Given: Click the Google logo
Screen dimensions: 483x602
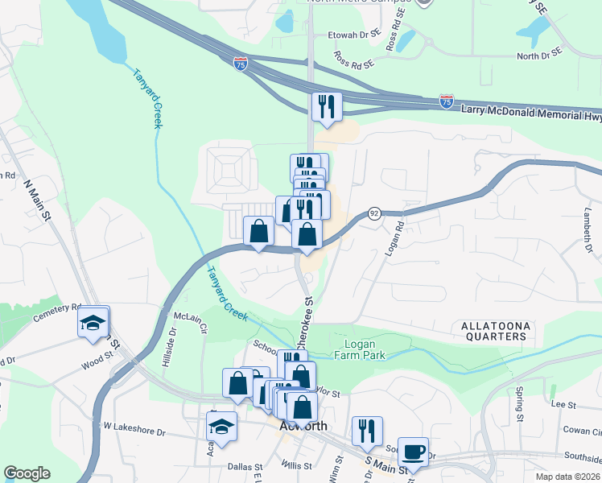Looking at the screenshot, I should click(27, 473).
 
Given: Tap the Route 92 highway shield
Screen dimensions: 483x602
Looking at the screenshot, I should click(374, 213).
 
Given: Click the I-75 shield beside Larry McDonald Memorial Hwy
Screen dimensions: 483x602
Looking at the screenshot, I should click(447, 101).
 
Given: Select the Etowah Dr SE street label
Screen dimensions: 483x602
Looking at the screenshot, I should click(353, 35).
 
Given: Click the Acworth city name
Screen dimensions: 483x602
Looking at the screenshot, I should click(303, 426).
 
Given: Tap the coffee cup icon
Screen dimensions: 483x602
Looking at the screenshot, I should click(414, 452).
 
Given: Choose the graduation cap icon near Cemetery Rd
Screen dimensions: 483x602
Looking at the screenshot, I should click(93, 322).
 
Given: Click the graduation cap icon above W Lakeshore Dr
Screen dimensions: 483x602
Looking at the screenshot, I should click(221, 427).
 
